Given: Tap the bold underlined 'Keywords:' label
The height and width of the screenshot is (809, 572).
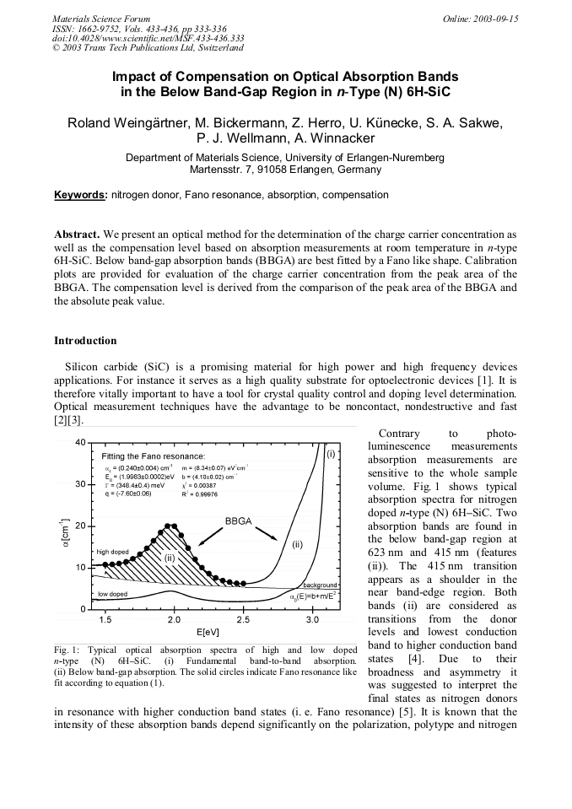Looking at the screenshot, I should tap(81, 195).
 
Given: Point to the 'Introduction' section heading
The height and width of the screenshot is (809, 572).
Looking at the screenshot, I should tap(85, 341).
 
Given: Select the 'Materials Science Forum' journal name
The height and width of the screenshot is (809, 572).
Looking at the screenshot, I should tap(101, 18).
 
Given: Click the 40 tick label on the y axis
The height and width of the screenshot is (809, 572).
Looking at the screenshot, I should tap(79, 443).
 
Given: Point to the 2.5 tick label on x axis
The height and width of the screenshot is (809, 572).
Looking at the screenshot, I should tap(243, 620).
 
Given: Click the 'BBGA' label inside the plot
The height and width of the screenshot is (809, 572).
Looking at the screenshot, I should tap(239, 521).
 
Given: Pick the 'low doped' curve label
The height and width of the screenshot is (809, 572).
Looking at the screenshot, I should tap(112, 594).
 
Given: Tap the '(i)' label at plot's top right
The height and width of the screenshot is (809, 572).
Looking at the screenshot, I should tap(331, 454).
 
